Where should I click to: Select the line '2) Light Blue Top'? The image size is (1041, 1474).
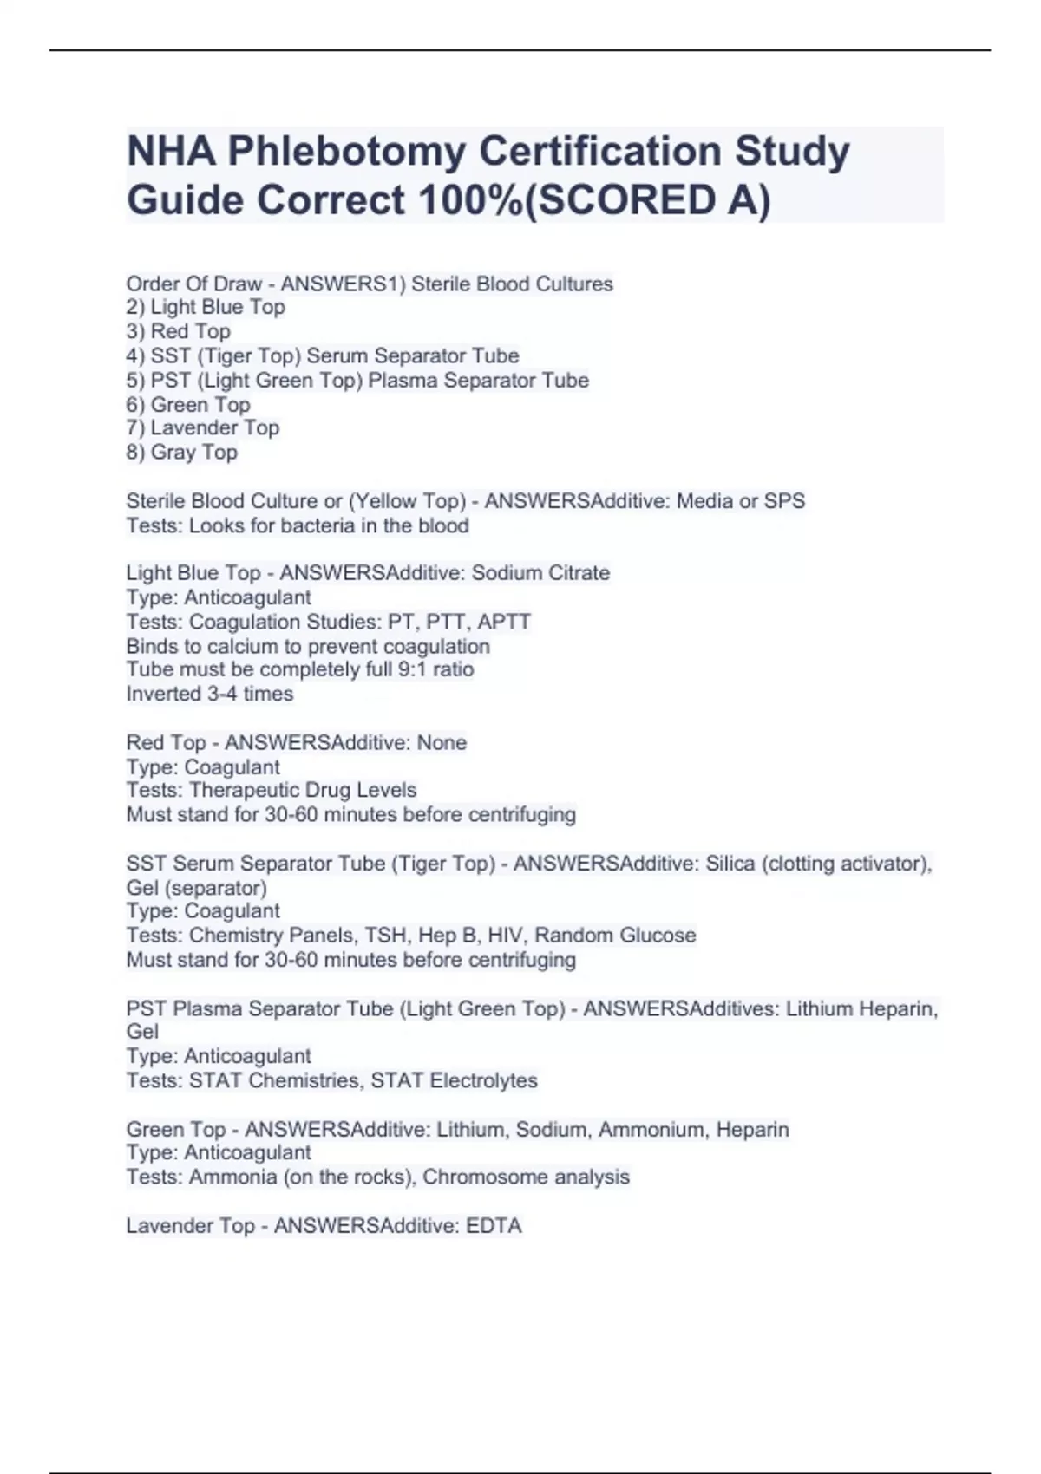[x=206, y=307]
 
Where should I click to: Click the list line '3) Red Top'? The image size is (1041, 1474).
[x=178, y=331]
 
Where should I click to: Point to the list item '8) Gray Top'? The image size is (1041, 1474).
[x=181, y=453]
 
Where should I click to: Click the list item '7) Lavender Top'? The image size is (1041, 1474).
[x=202, y=428]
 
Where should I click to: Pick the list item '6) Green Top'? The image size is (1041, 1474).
[x=187, y=405]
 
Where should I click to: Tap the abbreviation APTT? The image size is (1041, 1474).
[x=504, y=622]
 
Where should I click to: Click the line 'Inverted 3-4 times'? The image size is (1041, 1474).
[x=210, y=694]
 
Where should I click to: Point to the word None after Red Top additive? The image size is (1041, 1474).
[x=442, y=743]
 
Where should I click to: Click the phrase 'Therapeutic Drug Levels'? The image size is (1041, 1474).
[x=303, y=790]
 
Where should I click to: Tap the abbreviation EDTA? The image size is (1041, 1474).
[x=494, y=1226]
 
